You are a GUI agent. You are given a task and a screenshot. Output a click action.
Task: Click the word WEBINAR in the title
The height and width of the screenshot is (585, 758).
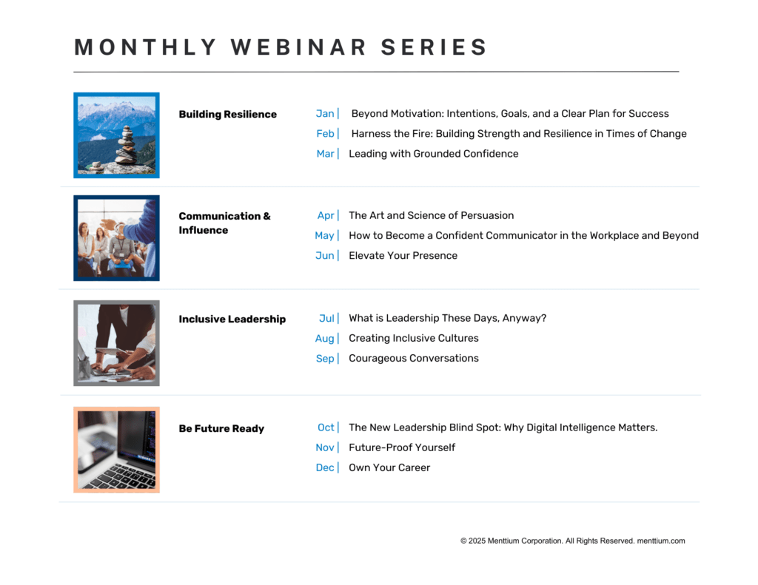click(x=298, y=47)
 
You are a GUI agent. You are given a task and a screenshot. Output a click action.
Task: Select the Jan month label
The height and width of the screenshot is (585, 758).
click(x=325, y=113)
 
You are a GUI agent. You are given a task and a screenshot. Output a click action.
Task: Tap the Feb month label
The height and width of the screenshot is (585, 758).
click(x=326, y=133)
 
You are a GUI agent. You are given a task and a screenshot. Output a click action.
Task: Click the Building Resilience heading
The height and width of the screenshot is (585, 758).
click(x=228, y=115)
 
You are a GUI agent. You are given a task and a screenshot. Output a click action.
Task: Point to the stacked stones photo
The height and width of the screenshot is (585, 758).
click(x=116, y=135)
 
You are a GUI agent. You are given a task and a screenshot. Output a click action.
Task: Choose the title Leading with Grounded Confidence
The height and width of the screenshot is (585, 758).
click(x=434, y=154)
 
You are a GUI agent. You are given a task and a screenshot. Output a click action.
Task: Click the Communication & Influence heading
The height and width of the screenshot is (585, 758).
click(x=225, y=223)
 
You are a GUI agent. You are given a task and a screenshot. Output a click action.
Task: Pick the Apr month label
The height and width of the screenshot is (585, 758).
click(x=326, y=215)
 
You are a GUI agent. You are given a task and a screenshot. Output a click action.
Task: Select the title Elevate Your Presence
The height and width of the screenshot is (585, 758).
click(x=403, y=256)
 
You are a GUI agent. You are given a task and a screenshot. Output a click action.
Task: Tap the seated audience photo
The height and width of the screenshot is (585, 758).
click(x=116, y=238)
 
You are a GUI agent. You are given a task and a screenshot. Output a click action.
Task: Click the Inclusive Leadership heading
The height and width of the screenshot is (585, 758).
click(x=232, y=319)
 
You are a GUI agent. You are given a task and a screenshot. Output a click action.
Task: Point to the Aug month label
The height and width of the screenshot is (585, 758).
click(x=325, y=339)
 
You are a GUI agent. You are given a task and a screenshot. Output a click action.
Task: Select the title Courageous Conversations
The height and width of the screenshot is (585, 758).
click(x=414, y=359)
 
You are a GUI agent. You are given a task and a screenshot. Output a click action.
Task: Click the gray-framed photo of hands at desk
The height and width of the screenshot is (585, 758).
click(x=116, y=343)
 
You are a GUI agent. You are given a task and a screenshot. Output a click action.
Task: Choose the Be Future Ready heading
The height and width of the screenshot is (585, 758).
click(x=221, y=428)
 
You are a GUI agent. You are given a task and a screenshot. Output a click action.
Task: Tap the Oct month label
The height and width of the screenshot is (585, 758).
click(x=326, y=427)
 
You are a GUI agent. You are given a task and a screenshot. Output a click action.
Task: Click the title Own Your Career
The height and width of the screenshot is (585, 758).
click(x=389, y=467)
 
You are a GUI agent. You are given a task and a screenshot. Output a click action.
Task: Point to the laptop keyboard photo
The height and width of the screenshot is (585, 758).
click(x=116, y=450)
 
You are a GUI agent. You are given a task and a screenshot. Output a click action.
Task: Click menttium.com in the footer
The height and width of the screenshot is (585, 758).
click(x=661, y=541)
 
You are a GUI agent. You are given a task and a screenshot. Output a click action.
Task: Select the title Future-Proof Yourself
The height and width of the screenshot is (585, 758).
click(x=402, y=447)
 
